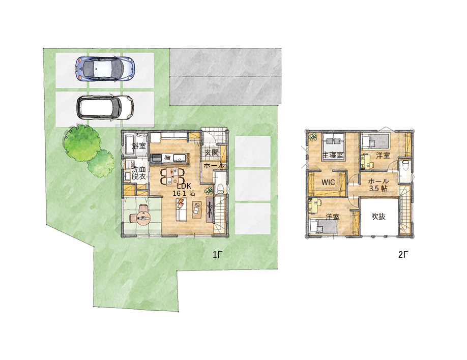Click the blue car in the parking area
[x=104, y=69]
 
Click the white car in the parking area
[x=105, y=107]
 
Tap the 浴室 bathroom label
[x=138, y=146]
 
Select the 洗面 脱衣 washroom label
[x=138, y=173]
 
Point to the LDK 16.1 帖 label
[x=184, y=189]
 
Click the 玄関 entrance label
[x=212, y=153]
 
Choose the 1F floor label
[x=217, y=255]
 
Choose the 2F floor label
[x=403, y=255]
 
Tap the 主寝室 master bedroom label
[x=333, y=155]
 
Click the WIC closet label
[x=328, y=182]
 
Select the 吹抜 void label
[x=378, y=217]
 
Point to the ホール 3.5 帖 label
[x=378, y=185]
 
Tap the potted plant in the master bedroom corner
[x=313, y=137]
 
